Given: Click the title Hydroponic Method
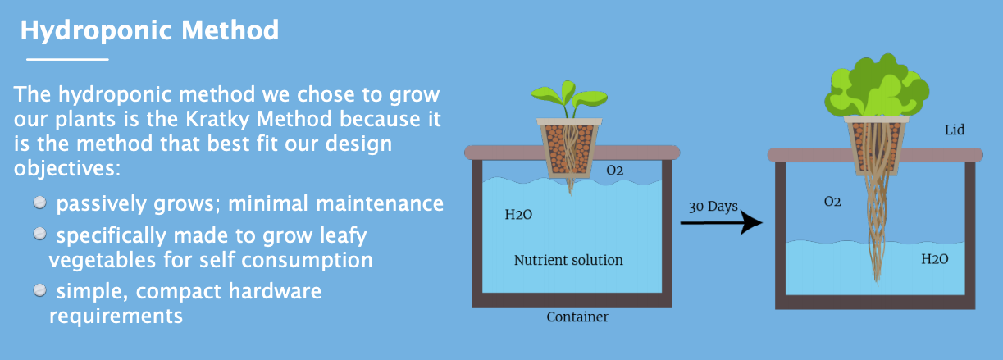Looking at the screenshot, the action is coord(149,31).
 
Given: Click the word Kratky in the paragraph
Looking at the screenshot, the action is coord(217,120).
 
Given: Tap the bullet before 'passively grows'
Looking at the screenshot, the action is coord(40,203).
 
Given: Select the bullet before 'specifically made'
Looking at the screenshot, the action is coord(40,234).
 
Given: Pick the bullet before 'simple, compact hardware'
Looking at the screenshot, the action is coord(40,290).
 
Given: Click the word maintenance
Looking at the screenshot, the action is coord(380,203).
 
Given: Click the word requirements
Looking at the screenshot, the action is coord(116,317).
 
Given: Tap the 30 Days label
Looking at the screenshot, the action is coord(713,207).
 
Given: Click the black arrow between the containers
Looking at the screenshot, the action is coord(722,222).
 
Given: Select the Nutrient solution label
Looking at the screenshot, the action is coord(568,260).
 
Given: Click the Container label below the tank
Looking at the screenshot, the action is coord(577,317).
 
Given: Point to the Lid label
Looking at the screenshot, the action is coord(954,130).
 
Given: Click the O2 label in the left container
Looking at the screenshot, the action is coord(615,171).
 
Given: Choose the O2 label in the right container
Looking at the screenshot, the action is coord(832,202).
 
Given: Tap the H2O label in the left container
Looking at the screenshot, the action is coord(518,215).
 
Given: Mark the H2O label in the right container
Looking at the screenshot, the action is coord(934,259).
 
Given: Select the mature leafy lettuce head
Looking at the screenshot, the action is coord(876,86).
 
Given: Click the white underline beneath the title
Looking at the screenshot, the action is coord(67,59).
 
